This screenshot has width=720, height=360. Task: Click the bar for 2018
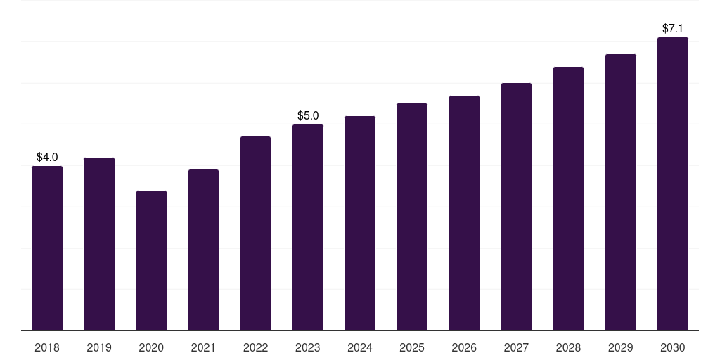(47, 248)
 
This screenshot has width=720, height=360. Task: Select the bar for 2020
(152, 260)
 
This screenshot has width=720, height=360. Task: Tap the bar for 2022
(255, 233)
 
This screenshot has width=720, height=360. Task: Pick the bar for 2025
(412, 217)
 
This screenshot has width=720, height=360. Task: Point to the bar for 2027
(516, 207)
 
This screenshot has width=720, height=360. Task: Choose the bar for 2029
(621, 193)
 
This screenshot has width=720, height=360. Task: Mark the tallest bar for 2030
(673, 184)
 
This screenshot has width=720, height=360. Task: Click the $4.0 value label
(47, 157)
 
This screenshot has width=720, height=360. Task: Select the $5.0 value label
(308, 115)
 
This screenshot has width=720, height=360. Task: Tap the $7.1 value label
(673, 28)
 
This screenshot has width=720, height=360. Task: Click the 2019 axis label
(99, 347)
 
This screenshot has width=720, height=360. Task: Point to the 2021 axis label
(203, 347)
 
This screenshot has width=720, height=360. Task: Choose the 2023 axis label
(308, 347)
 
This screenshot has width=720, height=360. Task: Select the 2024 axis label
(360, 347)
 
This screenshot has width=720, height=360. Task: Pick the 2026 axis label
(464, 347)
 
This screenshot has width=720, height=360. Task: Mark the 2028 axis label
(568, 347)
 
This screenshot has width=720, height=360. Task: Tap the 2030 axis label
(673, 347)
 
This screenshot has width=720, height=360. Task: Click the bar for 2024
(360, 223)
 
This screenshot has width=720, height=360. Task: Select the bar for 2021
(203, 250)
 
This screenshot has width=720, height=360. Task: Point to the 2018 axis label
(47, 347)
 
